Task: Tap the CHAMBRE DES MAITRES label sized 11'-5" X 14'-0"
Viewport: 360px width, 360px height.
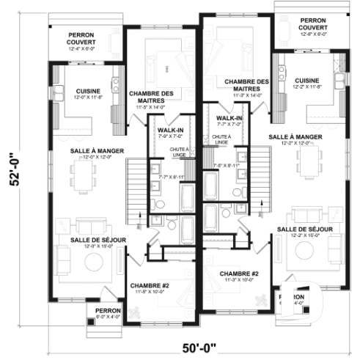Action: [x=150, y=98]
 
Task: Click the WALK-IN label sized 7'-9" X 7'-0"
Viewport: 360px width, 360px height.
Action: [x=171, y=132]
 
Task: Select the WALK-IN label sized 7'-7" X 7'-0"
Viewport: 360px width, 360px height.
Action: [x=229, y=120]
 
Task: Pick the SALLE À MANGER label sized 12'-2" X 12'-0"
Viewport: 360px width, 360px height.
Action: [x=295, y=139]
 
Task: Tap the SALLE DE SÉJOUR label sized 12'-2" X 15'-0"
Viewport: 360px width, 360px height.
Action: [x=305, y=232]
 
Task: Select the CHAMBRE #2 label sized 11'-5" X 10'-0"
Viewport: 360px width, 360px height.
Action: [x=150, y=288]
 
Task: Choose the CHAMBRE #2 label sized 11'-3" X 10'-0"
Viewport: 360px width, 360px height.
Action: [x=239, y=276]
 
